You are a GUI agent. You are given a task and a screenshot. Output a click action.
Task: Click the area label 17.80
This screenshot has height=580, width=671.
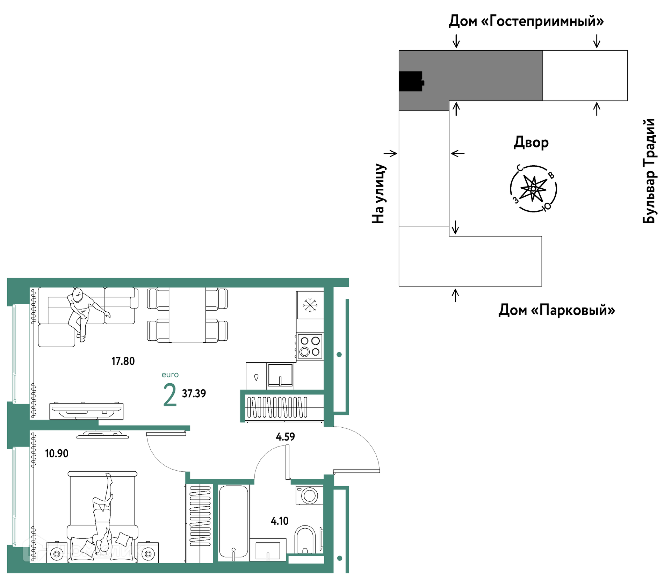click(x=123, y=361)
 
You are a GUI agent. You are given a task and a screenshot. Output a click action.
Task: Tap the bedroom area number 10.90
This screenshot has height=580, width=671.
click(x=57, y=453)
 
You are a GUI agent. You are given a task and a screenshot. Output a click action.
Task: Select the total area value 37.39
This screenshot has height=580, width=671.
click(x=194, y=393)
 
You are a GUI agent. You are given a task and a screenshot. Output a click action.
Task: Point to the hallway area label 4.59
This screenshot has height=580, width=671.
click(x=285, y=436)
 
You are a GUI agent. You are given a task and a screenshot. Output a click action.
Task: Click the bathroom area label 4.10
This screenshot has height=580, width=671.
click(x=280, y=521)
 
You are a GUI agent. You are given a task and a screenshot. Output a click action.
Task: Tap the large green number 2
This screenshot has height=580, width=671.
click(x=170, y=395)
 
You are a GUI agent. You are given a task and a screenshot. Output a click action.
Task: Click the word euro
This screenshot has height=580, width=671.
click(x=170, y=375)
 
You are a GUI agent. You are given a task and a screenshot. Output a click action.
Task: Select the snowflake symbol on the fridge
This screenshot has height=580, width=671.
click(x=310, y=305)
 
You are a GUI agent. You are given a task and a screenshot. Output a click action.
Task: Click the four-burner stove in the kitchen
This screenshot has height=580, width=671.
click(x=310, y=346)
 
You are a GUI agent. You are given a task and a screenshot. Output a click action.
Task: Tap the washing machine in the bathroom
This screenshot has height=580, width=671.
click(x=309, y=495)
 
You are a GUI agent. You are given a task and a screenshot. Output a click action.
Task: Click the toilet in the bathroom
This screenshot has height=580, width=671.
click(x=305, y=540)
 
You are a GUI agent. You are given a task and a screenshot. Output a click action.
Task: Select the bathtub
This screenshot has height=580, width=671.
click(x=233, y=523)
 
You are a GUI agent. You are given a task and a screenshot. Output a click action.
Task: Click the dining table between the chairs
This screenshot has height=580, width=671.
click(x=187, y=314)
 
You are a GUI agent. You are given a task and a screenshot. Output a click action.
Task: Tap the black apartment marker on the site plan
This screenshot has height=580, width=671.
click(x=411, y=81)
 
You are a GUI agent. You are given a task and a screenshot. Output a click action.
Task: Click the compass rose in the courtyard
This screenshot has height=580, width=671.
click(x=533, y=189)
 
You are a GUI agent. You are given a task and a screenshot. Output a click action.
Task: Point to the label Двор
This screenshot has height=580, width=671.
click(x=531, y=143)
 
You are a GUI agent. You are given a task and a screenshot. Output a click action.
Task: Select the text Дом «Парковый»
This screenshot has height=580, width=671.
click(x=557, y=310)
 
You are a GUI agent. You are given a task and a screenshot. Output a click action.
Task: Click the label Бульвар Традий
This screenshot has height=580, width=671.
click(x=649, y=171)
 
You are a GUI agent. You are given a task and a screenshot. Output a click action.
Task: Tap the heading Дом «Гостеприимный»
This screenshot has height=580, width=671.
click(x=526, y=21)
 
